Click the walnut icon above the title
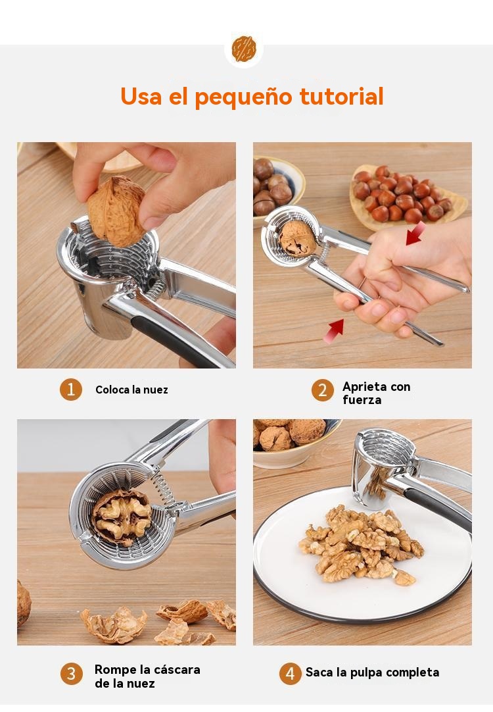[244, 49]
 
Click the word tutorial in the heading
[342, 96]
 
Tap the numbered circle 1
[71, 390]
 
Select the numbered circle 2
[323, 390]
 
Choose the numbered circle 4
[291, 673]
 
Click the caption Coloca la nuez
[131, 390]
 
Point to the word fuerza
[362, 400]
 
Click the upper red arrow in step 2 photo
[415, 233]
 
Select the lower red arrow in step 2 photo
[334, 330]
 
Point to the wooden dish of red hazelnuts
[408, 197]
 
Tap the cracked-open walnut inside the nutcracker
[122, 517]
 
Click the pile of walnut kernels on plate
[361, 544]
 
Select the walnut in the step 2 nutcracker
[298, 238]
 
